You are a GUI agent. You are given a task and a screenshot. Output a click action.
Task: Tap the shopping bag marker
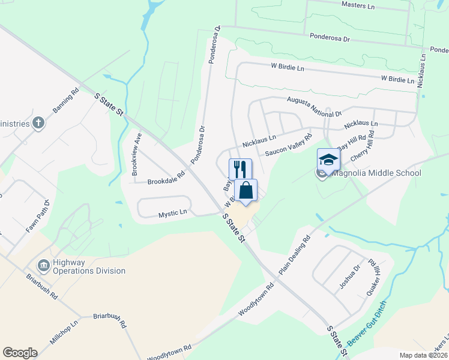pyautogui.click(x=246, y=190)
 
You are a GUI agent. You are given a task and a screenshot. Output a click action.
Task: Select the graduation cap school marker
pyautogui.click(x=328, y=160)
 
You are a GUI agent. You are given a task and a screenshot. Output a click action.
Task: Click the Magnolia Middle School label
pyautogui.click(x=376, y=173)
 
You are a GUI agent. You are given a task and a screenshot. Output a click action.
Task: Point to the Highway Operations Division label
pyautogui.click(x=89, y=266)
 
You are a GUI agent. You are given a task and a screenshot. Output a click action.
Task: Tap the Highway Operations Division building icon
pyautogui.click(x=44, y=265)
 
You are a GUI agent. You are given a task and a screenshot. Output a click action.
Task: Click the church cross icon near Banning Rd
pyautogui.click(x=38, y=123)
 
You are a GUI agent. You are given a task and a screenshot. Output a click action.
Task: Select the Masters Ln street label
pyautogui.click(x=357, y=5)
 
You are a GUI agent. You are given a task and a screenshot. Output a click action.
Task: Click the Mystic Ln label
pyautogui.click(x=173, y=213)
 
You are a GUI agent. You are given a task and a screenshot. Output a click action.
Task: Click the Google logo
pyautogui.click(x=20, y=353)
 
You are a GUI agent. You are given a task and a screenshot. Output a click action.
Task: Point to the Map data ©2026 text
pyautogui.click(x=424, y=355)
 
